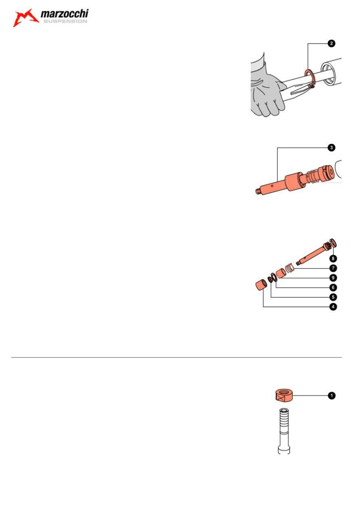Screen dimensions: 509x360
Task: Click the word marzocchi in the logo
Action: coord(65,15)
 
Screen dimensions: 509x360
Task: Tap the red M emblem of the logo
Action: coord(27,18)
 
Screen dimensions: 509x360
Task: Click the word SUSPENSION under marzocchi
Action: coord(65,22)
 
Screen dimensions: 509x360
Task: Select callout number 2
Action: coord(331,44)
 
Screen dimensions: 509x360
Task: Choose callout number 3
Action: coord(331,148)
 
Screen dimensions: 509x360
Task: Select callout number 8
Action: coord(333,258)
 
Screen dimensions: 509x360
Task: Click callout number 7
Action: coord(333,268)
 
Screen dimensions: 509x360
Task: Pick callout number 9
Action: coord(333,278)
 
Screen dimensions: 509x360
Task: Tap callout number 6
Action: coord(333,287)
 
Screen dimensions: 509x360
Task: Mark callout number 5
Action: coord(333,297)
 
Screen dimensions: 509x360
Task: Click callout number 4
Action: coord(333,307)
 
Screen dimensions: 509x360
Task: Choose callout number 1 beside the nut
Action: coord(331,396)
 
